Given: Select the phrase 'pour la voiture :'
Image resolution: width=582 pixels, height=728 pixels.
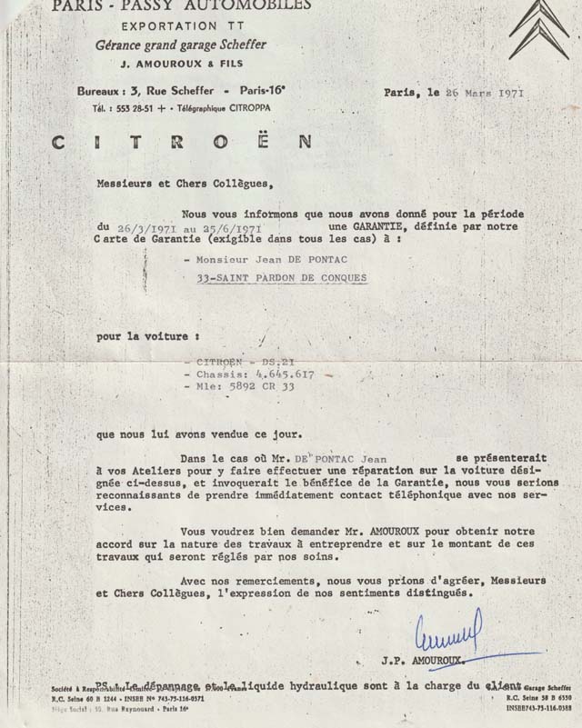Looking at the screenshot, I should pyautogui.click(x=136, y=335).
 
